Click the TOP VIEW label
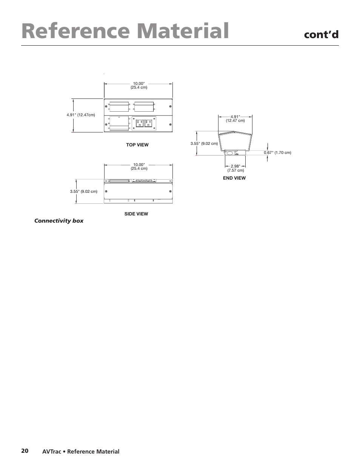tap(137, 145)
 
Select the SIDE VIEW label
tap(136, 214)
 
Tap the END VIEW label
tap(234, 178)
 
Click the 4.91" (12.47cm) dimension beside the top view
tap(81, 115)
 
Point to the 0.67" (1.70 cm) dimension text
tap(277, 153)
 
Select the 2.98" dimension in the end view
tap(235, 166)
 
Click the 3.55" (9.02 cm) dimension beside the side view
tap(83, 192)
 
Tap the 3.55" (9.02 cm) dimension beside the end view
tap(204, 143)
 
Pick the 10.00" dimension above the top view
tap(138, 83)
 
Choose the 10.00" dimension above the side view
tap(138, 165)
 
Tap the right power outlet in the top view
tap(148, 123)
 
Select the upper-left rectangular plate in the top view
tap(119, 107)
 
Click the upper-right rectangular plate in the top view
tap(144, 107)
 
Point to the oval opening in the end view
tap(229, 153)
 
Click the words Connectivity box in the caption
tap(59, 221)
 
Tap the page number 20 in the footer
tap(25, 451)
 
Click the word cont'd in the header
tap(321, 35)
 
